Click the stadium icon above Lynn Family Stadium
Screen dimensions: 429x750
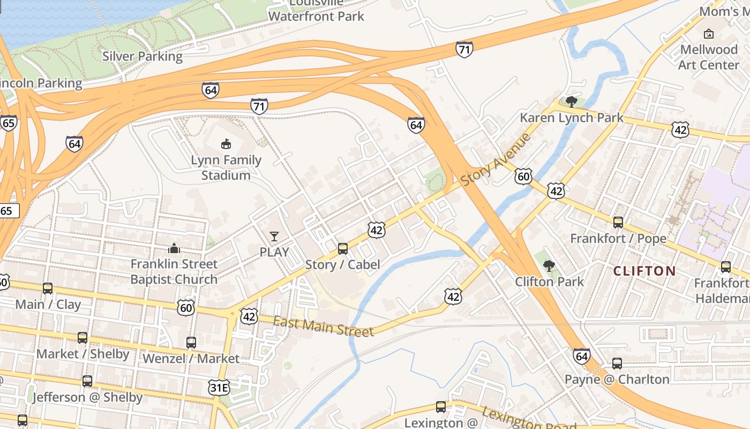point(226,144)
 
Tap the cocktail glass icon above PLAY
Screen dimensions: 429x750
point(274,236)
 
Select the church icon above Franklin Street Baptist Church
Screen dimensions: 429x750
point(174,248)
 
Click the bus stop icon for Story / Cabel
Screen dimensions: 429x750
point(343,249)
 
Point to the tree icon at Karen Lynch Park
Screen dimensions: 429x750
point(571,101)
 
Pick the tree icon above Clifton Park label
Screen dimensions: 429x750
point(549,265)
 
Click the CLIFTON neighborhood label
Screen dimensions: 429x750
point(644,271)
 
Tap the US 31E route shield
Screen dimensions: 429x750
point(219,388)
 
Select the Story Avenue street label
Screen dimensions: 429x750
point(496,159)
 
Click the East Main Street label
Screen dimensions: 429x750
point(323,327)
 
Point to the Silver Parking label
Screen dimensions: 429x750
point(142,56)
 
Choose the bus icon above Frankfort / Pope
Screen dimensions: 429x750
point(618,223)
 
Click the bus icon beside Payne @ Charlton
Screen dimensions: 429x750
point(617,364)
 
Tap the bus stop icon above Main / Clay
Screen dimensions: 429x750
point(48,289)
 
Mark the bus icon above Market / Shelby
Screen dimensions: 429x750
point(82,338)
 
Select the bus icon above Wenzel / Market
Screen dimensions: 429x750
point(191,342)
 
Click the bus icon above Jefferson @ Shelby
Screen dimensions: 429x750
point(87,381)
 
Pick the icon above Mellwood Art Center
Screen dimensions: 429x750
point(709,34)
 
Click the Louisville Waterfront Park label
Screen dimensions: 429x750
point(316,11)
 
